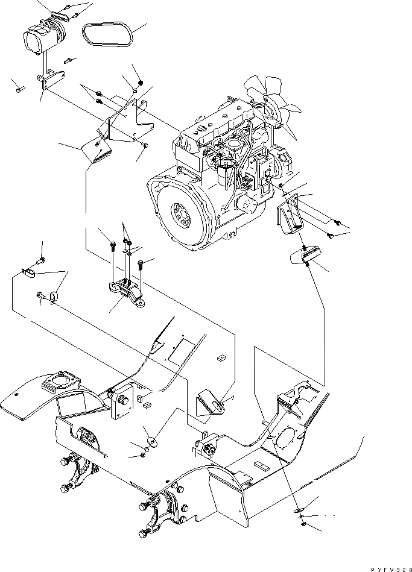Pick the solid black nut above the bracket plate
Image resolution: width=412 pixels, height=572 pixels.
pos(140,83)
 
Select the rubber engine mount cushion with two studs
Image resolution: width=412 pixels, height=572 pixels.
pos(127,292)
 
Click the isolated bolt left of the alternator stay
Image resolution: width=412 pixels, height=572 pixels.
pos(18,89)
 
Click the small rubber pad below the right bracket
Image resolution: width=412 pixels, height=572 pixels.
pos(306,257)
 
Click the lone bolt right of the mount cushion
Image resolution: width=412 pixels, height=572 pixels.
pos(140,263)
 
